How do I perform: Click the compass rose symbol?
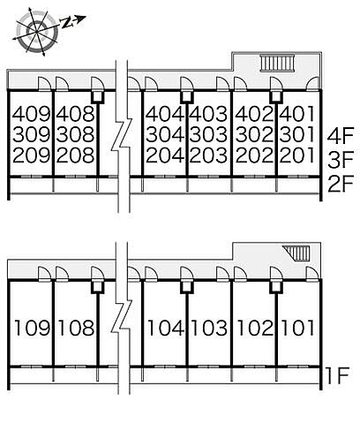[x=36, y=31]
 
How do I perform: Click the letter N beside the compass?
[x=67, y=22]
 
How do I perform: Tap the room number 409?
[x=32, y=114]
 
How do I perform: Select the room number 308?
[x=76, y=135]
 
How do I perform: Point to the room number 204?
[x=165, y=155]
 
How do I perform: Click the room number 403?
[x=208, y=114]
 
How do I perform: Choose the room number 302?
[x=254, y=135]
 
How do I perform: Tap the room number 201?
[x=297, y=155]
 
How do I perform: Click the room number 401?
[x=297, y=114]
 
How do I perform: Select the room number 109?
[x=33, y=328]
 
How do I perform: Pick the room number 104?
[x=166, y=328]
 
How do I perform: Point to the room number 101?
[x=298, y=328]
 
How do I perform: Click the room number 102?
[x=255, y=328]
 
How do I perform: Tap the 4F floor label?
[x=341, y=136]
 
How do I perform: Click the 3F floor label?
[x=341, y=160]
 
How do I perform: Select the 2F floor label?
[x=341, y=184]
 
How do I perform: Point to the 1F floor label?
[x=338, y=375]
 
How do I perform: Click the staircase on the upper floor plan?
[x=277, y=63]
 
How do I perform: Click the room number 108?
[x=77, y=328]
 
